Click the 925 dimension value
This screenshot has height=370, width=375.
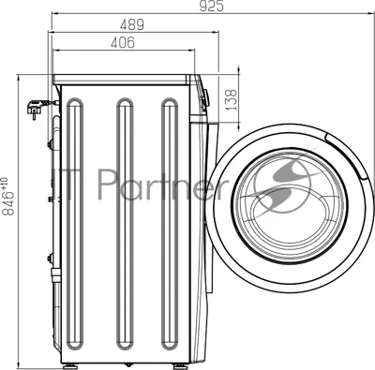[x=212, y=6]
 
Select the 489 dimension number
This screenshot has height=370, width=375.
[x=132, y=24]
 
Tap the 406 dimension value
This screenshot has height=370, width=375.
[x=123, y=42]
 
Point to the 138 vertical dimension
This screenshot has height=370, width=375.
[x=231, y=100]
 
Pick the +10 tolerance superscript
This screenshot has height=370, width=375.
[x=5, y=183]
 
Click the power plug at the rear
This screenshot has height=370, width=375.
[x=37, y=108]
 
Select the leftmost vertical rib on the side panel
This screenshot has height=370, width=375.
[x=75, y=224]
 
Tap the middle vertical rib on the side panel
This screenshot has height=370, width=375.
[x=125, y=224]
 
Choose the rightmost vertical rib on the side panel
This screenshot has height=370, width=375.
[x=170, y=224]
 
